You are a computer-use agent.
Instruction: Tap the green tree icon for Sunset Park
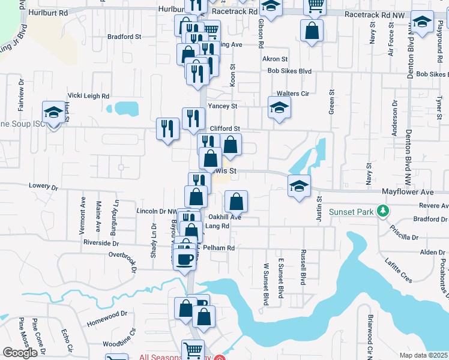point(381,211)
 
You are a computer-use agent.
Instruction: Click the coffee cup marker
point(185,258)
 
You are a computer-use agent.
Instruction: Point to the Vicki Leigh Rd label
point(88,96)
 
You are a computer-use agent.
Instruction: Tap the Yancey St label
point(223,106)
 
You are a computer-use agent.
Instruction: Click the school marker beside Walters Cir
point(279,109)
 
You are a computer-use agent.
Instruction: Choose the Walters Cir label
point(292,94)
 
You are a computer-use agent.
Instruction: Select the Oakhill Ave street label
point(224,217)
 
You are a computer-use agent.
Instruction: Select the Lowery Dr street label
point(42,187)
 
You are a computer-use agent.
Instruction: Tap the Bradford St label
point(124,37)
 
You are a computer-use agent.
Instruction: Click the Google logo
point(20,353)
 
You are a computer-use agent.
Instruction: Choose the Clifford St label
point(225,128)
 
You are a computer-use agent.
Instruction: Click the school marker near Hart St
point(53,112)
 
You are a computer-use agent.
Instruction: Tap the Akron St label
point(275,59)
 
